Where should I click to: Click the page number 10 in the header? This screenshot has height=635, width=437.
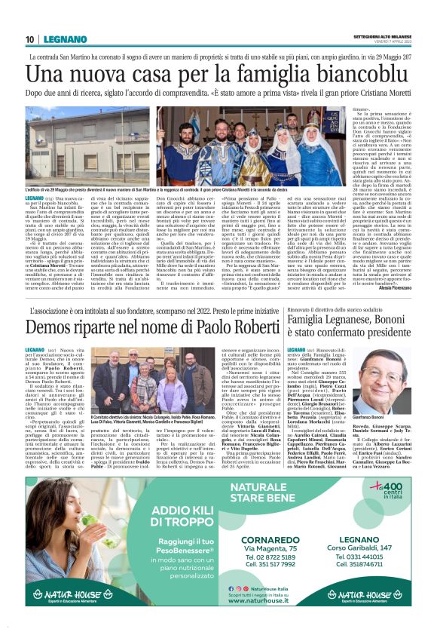tap(29, 39)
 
